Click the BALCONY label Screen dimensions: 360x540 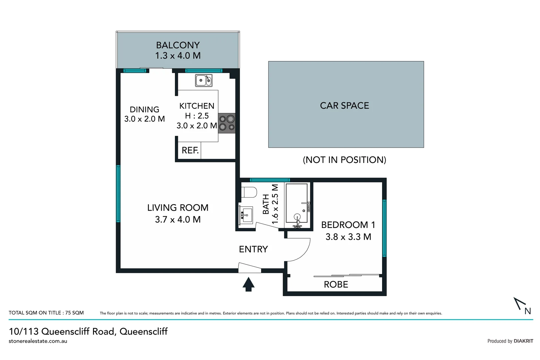(178, 45)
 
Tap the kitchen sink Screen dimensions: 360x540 (204, 80)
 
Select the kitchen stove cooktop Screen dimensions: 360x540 (227, 123)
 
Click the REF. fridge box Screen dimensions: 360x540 (190, 150)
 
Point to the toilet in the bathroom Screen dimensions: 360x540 (249, 192)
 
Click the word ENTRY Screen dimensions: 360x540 (253, 249)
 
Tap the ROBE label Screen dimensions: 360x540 (336, 285)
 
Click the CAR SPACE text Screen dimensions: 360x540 (344, 106)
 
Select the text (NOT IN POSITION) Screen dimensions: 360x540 (344, 160)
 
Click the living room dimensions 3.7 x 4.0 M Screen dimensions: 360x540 (178, 220)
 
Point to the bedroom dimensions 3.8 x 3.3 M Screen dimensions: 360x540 (348, 237)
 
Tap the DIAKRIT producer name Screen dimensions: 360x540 (523, 341)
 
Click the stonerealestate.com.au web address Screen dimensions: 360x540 (38, 341)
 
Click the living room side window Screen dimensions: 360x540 (118, 193)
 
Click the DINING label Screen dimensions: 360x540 (144, 109)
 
